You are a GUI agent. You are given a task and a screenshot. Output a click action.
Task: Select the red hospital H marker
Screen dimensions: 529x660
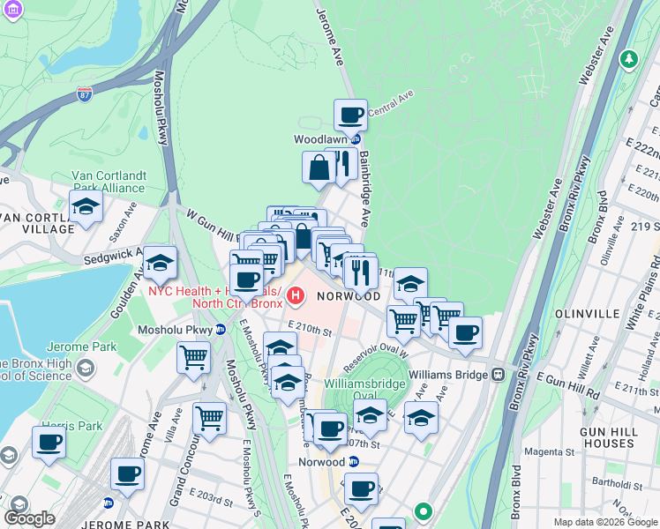pyautogui.click(x=294, y=296)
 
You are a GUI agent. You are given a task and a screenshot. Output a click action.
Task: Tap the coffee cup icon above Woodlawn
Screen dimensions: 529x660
pyautogui.click(x=350, y=115)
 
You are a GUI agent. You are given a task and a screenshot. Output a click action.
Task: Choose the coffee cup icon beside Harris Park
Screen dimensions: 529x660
pyautogui.click(x=49, y=443)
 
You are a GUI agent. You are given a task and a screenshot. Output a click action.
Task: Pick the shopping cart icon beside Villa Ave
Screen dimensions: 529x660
pyautogui.click(x=210, y=418)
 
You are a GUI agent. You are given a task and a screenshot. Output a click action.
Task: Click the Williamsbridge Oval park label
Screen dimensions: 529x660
pyautogui.click(x=366, y=390)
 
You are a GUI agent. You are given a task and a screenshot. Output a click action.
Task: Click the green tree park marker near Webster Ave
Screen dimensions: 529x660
pyautogui.click(x=628, y=60)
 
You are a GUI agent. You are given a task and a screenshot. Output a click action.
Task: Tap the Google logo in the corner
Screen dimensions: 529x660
pyautogui.click(x=29, y=518)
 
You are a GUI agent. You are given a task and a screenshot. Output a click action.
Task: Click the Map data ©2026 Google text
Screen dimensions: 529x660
pyautogui.click(x=604, y=522)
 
